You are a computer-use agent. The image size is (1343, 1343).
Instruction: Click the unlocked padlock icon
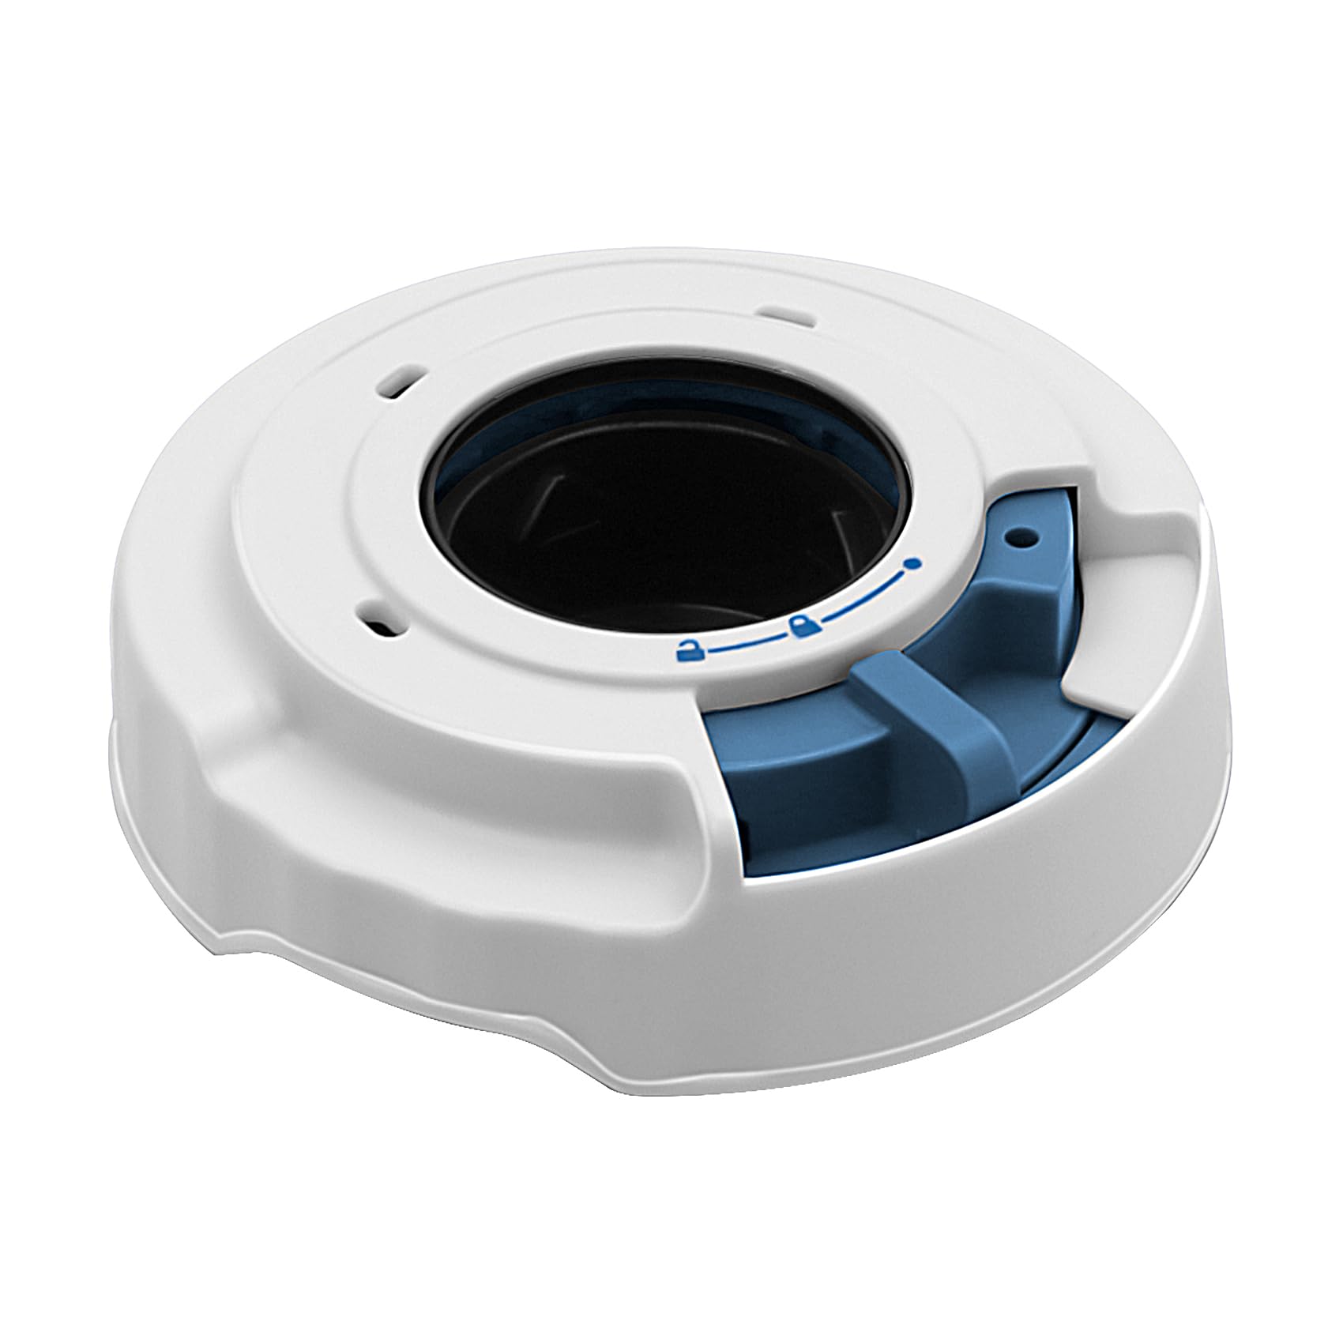point(689,650)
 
